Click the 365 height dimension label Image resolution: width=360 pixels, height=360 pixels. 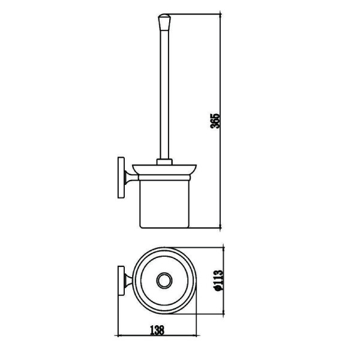[215, 121]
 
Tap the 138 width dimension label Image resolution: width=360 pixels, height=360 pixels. [157, 330]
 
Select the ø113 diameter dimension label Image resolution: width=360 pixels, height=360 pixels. [218, 281]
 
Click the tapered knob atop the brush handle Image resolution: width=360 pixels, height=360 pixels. [164, 22]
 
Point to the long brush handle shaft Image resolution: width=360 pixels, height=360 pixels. [164, 95]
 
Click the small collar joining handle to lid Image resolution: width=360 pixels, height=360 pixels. [164, 161]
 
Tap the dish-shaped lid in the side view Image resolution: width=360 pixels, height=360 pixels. [164, 170]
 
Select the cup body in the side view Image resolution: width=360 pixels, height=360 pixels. [164, 204]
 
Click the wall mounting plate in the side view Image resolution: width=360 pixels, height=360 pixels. [121, 178]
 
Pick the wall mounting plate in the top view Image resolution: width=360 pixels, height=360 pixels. [121, 281]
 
